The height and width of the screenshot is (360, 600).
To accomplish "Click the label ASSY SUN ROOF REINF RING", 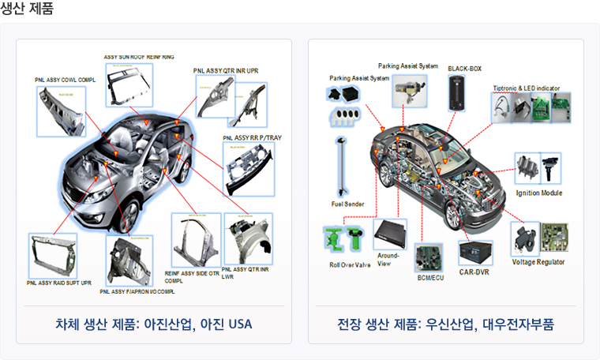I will pos(140,57).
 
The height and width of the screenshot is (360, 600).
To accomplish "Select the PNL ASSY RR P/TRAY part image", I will pos(249,169).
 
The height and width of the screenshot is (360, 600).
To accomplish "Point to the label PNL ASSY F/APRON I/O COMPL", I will pos(137,291).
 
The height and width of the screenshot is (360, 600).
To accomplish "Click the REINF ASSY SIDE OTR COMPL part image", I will pos(196,240).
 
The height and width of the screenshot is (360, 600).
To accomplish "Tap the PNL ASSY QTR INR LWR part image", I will pos(248,238).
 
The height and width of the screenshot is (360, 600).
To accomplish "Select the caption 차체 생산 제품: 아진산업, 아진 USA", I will pos(154,324).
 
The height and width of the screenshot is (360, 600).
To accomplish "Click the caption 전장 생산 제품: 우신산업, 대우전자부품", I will pos(445,324).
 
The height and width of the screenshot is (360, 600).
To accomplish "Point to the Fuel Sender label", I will pos(347,204).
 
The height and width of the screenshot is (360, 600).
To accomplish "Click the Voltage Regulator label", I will pos(538,261).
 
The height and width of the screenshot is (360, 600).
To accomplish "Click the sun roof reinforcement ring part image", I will pos(129,84).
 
